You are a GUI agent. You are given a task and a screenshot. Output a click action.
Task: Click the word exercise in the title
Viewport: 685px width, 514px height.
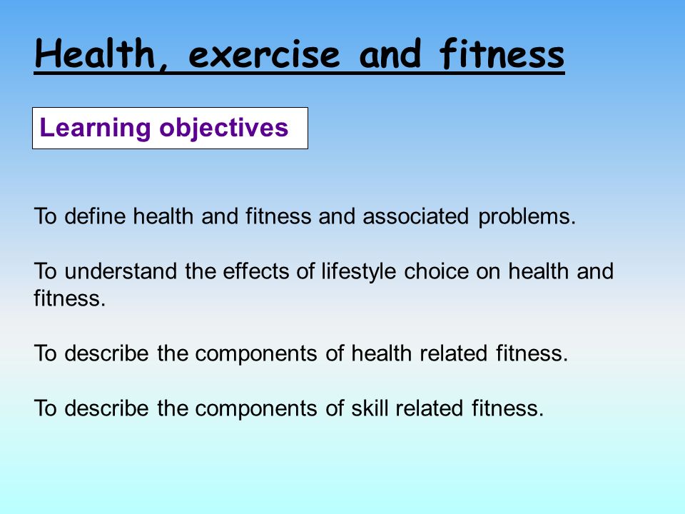click(x=264, y=54)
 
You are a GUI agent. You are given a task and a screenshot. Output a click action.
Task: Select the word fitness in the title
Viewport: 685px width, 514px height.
click(x=502, y=54)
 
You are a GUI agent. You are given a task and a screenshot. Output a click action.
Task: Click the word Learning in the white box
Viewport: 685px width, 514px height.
click(x=95, y=128)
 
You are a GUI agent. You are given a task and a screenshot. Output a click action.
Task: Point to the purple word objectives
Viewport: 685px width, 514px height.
click(x=223, y=128)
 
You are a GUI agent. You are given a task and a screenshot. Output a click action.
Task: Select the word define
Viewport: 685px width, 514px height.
click(x=95, y=216)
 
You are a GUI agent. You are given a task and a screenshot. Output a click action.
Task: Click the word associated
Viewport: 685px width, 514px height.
click(x=415, y=216)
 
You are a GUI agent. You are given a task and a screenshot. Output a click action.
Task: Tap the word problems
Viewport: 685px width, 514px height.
click(x=527, y=217)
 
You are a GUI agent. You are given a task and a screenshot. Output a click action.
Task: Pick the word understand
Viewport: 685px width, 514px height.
click(x=121, y=271)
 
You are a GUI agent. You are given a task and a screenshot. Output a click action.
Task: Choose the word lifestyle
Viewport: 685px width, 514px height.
click(x=359, y=272)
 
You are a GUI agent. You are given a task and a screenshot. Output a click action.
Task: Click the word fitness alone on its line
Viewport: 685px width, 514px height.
click(x=70, y=298)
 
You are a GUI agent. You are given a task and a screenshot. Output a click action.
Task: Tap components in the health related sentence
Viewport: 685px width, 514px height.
click(x=255, y=354)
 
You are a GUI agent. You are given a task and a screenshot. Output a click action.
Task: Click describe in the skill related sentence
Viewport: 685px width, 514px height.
click(x=106, y=408)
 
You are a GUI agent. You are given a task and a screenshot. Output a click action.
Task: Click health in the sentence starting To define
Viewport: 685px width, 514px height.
click(x=163, y=216)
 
